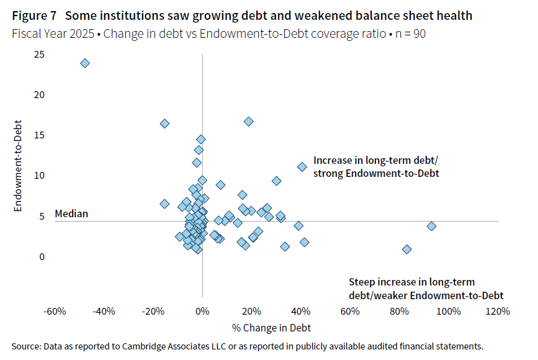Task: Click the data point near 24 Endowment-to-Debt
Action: (x=85, y=63)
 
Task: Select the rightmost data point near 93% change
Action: (x=431, y=226)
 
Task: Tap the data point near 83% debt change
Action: (x=407, y=249)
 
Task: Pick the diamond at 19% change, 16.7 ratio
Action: (x=248, y=121)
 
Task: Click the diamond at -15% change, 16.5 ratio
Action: (x=164, y=124)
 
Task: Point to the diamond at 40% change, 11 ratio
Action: (x=302, y=166)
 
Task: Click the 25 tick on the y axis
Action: (x=40, y=55)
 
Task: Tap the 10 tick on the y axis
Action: (x=40, y=176)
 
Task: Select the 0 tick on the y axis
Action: (x=42, y=256)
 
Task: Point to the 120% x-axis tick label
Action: (x=498, y=311)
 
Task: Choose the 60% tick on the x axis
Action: (x=350, y=311)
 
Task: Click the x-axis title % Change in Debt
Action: (x=272, y=327)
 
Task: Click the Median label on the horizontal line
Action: (x=71, y=214)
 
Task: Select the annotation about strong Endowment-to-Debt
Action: (x=376, y=167)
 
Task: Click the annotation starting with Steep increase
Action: (x=426, y=288)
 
